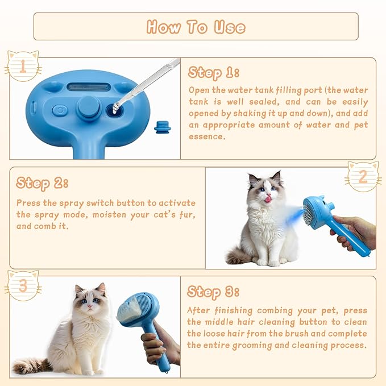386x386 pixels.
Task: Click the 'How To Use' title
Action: tap(196, 27)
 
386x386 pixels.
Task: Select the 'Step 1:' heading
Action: tap(213, 73)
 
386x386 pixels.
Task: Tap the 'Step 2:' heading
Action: tap(42, 182)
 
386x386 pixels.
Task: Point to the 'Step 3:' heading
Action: tap(213, 292)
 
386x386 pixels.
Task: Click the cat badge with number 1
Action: tap(22, 67)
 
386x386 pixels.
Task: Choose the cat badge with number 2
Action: tap(363, 177)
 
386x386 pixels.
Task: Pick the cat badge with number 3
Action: tap(22, 286)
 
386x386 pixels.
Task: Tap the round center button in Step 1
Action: tap(89, 107)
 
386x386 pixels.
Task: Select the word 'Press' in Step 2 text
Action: tap(28, 203)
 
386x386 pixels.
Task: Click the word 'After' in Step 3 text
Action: tap(200, 311)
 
